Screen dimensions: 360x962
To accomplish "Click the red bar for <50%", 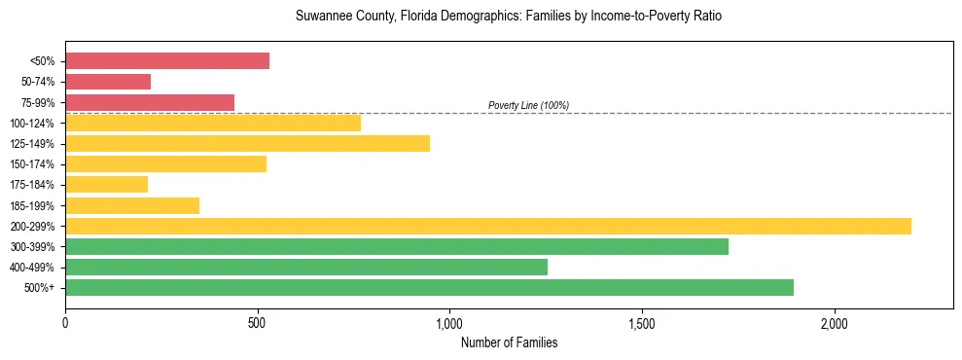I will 167,61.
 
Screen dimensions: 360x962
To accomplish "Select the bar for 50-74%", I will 108,82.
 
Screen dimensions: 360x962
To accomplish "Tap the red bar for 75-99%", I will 150,102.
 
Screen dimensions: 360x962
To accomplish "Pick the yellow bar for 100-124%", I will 213,123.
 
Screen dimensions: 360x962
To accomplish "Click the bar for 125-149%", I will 247,143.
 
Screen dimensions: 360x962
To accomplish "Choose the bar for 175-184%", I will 106,184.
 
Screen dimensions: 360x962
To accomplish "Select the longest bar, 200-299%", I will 488,226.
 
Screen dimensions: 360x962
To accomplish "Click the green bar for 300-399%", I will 397,246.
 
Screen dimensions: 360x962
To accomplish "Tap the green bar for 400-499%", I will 306,267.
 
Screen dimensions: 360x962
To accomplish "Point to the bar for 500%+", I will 429,287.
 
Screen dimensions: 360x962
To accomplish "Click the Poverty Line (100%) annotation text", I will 528,105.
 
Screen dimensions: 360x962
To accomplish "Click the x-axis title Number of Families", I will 509,342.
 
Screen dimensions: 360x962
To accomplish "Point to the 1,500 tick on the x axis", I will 642,322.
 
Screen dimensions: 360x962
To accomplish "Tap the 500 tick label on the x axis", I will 258,322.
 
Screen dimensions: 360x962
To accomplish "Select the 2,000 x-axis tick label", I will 835,322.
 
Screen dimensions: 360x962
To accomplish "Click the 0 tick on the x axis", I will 65,322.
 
